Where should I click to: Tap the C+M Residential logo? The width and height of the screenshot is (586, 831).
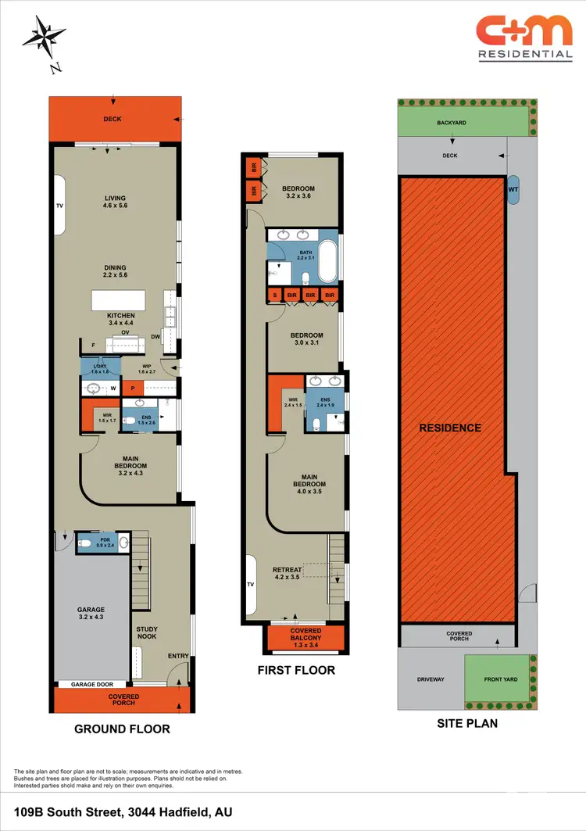[524, 38]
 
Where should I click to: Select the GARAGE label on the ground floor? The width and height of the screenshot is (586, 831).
[91, 610]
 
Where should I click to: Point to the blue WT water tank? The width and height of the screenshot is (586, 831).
[513, 189]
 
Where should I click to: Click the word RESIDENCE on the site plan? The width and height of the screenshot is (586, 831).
[450, 428]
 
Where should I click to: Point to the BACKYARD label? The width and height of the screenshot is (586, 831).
[452, 124]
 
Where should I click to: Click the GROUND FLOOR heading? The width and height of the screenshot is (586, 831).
[122, 729]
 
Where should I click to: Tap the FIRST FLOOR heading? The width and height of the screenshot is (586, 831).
[296, 670]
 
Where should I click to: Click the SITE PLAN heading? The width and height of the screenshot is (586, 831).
[466, 723]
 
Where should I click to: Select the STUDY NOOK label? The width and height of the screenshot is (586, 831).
[147, 632]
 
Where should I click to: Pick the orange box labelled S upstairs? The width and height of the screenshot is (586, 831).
[274, 295]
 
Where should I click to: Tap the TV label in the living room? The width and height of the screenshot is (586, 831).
[59, 206]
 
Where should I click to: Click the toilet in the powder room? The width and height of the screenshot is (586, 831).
[88, 541]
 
